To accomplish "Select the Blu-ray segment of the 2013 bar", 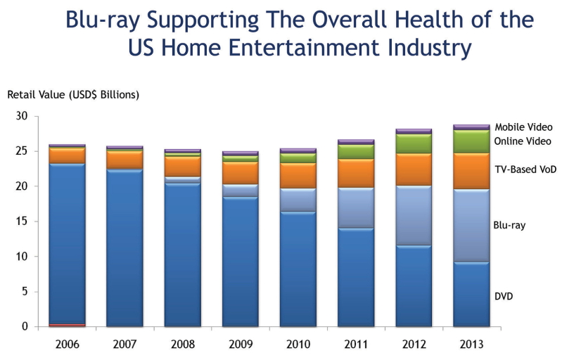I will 471,226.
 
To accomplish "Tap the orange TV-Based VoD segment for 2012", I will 414,169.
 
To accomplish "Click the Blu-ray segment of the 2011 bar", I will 356,208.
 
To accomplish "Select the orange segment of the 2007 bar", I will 124,160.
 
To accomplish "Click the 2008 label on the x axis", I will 182,345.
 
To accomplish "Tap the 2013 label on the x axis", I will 471,345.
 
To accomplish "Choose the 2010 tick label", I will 298,345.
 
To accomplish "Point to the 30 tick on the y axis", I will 23,116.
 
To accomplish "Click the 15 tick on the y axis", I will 23,221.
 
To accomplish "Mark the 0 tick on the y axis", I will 25,327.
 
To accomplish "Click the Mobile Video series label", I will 523,127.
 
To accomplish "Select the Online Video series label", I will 523,141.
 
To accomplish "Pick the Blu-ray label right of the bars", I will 510,226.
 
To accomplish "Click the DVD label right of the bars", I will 504,297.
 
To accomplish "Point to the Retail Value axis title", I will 73,94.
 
